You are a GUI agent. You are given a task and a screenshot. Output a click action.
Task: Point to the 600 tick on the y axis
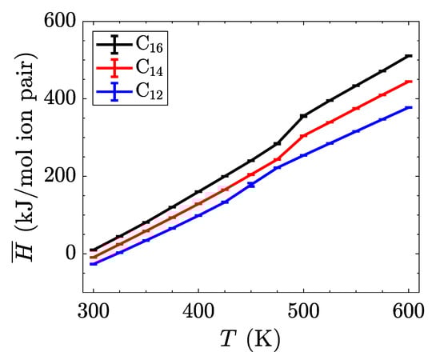pyautogui.click(x=55, y=22)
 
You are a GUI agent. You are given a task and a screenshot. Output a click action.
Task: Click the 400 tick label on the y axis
pyautogui.click(x=55, y=99)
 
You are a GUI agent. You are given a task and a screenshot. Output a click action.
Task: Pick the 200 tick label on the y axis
pyautogui.click(x=55, y=176)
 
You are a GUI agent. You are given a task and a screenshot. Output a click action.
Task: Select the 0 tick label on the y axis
pyautogui.click(x=67, y=254)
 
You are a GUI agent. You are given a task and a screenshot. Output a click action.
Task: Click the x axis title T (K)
pyautogui.click(x=250, y=341)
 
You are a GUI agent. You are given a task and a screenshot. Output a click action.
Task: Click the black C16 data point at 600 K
pyautogui.click(x=409, y=56)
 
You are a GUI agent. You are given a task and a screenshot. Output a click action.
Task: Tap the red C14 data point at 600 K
pyautogui.click(x=409, y=82)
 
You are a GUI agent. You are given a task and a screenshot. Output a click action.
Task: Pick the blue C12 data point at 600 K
pyautogui.click(x=409, y=107)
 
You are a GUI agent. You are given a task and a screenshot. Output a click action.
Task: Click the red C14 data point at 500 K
pyautogui.click(x=304, y=136)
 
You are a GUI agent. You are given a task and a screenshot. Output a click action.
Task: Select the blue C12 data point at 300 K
pyautogui.click(x=94, y=263)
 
